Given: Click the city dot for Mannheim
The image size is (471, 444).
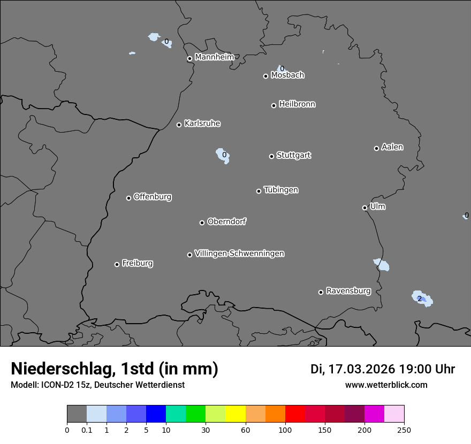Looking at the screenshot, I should (x=189, y=59).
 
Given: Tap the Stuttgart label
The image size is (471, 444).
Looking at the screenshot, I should (x=293, y=156).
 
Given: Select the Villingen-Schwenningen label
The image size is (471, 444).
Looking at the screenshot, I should (x=239, y=254).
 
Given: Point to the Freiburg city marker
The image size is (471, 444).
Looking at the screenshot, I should (x=117, y=264).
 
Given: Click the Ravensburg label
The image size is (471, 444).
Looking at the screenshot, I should (x=348, y=291).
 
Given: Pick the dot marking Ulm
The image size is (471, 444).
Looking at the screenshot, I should (x=364, y=208).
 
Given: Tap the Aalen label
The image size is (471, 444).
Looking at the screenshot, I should (x=392, y=147).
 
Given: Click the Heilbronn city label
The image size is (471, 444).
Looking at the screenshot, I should (x=297, y=104).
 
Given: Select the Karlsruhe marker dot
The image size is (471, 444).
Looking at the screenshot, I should (x=179, y=125).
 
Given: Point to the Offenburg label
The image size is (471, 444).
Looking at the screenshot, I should (x=152, y=197).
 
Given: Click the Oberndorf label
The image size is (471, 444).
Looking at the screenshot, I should (x=226, y=221).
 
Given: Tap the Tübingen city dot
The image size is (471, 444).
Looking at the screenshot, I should (x=259, y=191).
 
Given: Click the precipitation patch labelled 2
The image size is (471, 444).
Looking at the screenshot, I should (x=421, y=298).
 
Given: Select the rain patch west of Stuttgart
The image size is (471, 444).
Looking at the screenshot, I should (x=223, y=155).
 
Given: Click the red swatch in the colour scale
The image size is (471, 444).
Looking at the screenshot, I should (x=295, y=414).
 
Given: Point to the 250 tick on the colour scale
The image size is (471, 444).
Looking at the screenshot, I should (x=404, y=430).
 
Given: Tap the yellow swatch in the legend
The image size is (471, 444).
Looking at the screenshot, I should (x=236, y=414).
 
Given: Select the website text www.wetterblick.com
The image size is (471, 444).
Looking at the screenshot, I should (x=386, y=385).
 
